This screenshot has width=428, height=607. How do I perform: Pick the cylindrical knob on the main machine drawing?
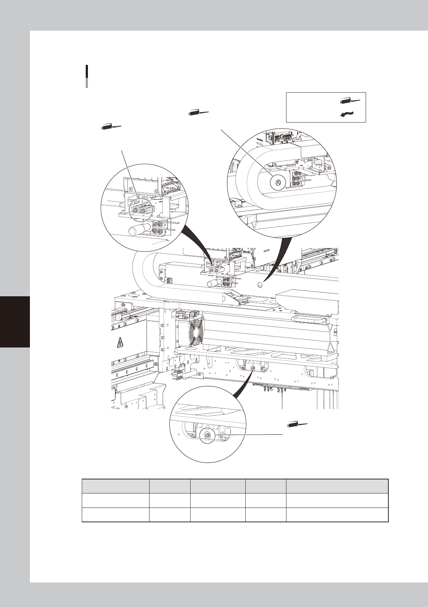pyautogui.click(x=214, y=283)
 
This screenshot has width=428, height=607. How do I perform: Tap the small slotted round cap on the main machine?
pyautogui.click(x=260, y=285)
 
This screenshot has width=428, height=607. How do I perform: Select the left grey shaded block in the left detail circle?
pyautogui.click(x=137, y=209)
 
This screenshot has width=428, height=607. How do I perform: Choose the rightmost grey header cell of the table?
pyautogui.click(x=337, y=486)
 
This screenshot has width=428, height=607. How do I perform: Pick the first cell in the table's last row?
pyautogui.click(x=116, y=514)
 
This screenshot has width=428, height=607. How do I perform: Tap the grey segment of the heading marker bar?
pyautogui.click(x=87, y=83)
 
